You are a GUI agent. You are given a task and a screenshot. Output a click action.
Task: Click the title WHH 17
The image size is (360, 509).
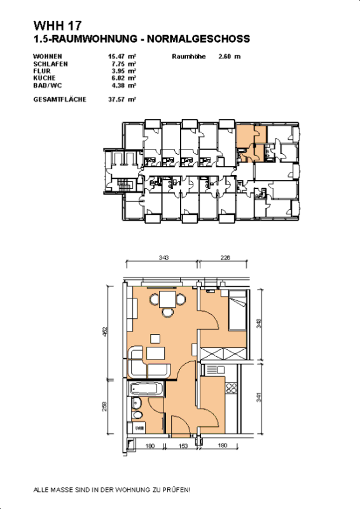[58, 27]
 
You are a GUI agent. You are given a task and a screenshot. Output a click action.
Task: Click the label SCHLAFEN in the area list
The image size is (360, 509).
[50, 64]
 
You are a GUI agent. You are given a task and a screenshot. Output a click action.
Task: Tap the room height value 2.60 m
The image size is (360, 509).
[229, 57]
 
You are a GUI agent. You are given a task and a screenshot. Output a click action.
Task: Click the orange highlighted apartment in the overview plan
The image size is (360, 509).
[245, 136]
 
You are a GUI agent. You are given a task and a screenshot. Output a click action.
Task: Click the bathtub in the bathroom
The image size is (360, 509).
[145, 388]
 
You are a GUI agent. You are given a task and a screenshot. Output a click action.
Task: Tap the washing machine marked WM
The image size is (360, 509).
[139, 430]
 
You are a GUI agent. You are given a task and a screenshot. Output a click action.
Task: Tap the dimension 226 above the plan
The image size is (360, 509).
[225, 258]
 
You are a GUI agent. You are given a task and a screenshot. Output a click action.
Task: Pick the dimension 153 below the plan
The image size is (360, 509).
[183, 446]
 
